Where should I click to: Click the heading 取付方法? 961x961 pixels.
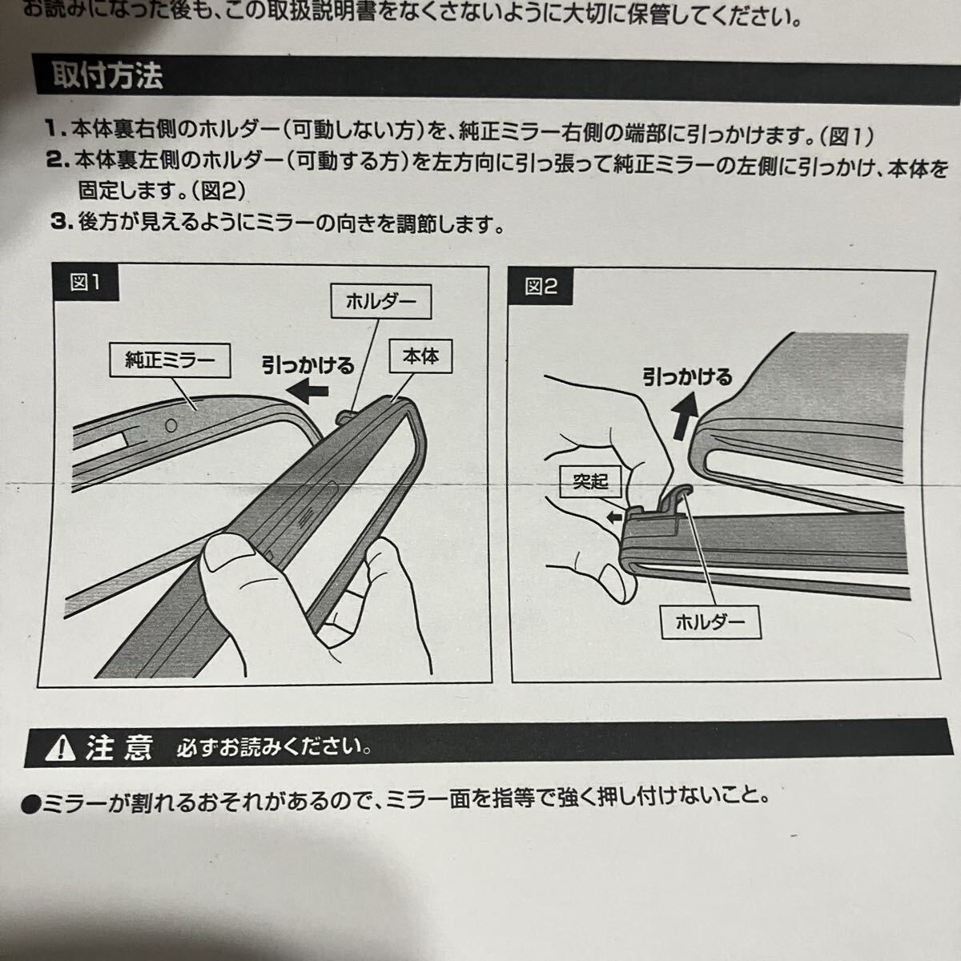point(108,76)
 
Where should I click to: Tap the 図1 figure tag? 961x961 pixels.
point(85,283)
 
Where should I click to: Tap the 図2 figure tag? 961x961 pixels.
point(541,286)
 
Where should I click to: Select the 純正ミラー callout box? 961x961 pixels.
point(170,360)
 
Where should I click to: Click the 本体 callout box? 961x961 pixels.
point(420,356)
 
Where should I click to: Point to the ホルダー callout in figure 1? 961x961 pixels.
point(381,301)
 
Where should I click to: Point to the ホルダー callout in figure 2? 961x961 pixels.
point(710,622)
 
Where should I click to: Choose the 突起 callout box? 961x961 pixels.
point(590,481)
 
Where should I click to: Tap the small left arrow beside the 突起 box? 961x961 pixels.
point(615,517)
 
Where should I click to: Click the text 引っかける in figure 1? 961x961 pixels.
point(308,365)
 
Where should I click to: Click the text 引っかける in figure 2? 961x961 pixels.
point(687,377)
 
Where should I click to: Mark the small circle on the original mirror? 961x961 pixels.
point(171,425)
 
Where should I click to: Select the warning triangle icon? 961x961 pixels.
point(60,750)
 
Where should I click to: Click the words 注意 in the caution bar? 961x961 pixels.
point(119,748)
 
